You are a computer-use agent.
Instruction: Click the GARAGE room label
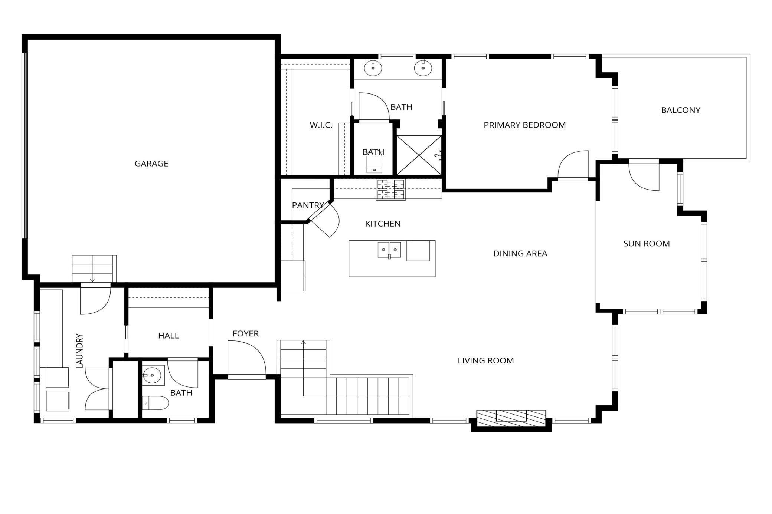coord(151,164)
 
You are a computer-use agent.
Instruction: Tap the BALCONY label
coord(681,110)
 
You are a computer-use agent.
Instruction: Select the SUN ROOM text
coord(647,244)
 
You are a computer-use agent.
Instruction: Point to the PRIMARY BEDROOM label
coord(525,125)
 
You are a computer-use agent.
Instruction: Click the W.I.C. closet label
coord(321,125)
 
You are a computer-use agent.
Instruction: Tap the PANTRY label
coord(308,205)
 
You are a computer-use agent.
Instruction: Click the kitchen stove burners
coord(391,190)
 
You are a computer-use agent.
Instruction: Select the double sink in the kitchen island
coord(389,250)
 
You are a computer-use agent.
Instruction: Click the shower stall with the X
coord(419,155)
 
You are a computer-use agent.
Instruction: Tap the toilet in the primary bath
coord(374,163)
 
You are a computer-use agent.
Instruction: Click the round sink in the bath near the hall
coord(152,375)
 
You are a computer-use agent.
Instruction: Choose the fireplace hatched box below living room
coord(511,418)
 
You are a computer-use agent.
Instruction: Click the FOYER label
coord(246,334)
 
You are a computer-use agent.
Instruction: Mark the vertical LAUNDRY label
coord(79,351)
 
